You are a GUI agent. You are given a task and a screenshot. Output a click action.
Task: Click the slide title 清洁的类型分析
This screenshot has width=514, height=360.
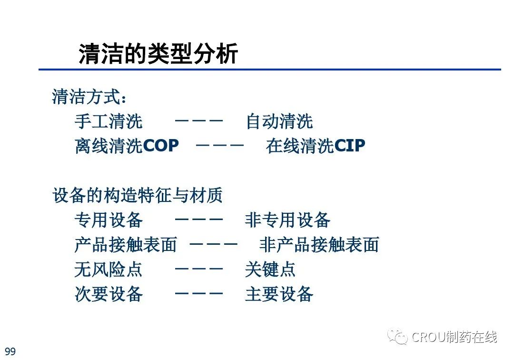point(158,53)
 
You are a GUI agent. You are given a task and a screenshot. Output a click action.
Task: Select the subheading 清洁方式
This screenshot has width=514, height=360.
point(87,97)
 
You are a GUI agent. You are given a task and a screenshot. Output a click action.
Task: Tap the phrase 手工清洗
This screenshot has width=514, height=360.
point(109,121)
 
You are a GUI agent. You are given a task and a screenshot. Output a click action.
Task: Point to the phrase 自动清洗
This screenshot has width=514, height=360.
point(279,121)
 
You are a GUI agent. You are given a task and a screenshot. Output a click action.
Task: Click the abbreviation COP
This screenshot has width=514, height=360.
point(161,146)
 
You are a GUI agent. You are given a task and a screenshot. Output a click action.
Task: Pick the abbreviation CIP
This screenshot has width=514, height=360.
point(349,146)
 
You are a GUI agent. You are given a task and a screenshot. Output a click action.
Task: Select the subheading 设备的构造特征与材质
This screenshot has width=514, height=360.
point(138,195)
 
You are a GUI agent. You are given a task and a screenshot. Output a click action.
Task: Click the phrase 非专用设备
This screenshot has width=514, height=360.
point(287,220)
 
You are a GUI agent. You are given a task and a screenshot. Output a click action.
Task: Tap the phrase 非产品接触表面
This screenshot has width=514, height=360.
point(319,245)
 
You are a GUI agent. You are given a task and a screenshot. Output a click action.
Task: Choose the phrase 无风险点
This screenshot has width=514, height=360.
point(108,270)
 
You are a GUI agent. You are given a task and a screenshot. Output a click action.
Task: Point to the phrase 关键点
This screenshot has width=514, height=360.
point(270,270)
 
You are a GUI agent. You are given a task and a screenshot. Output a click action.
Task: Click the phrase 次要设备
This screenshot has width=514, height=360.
point(109,294)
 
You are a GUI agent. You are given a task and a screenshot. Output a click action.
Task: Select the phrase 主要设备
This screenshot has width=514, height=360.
point(279,294)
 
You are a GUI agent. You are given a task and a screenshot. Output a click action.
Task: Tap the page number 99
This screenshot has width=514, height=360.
point(10,351)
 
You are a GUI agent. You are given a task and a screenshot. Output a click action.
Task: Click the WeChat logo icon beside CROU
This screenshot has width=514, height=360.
point(397,336)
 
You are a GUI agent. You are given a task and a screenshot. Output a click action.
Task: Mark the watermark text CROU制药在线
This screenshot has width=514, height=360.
point(454,337)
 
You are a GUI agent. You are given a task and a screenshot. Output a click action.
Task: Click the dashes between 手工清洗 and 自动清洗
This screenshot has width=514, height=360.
point(198,120)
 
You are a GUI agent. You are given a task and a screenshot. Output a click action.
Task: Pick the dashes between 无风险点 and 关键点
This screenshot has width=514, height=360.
point(198,269)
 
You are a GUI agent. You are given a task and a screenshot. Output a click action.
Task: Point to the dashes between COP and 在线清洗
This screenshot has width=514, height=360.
point(219,145)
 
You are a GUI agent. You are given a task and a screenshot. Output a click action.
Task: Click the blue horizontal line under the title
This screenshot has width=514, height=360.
point(270,70)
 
